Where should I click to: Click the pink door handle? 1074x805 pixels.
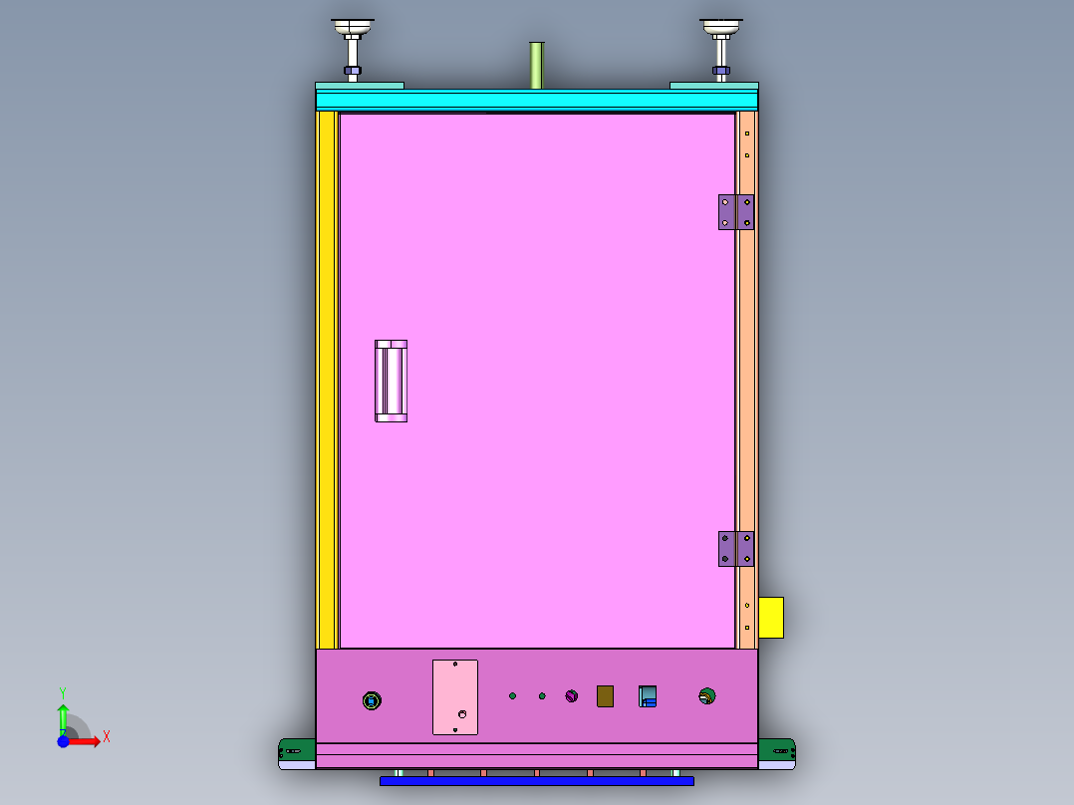[x=391, y=381]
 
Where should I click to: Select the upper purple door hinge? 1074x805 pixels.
[x=735, y=211]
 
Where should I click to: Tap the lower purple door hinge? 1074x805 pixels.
[x=735, y=548]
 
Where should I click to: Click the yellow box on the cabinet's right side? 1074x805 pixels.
[x=770, y=617]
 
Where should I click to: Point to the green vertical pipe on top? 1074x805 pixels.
[x=536, y=65]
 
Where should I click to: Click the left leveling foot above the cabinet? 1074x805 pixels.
[x=353, y=45]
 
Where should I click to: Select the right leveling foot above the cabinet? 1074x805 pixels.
[x=721, y=45]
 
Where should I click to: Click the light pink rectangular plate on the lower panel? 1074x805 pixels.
[x=454, y=696]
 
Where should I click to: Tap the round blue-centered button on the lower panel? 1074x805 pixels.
[x=372, y=701]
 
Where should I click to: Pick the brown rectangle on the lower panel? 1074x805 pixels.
[x=605, y=695]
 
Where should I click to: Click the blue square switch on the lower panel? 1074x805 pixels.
[x=648, y=695]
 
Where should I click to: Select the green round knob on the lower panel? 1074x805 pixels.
[x=707, y=696]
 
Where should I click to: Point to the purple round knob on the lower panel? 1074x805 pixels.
[x=571, y=695]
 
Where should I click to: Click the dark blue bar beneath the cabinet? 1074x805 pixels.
[x=536, y=781]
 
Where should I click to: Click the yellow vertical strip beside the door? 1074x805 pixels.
[x=325, y=379]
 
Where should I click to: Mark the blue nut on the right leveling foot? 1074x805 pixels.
[x=721, y=71]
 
